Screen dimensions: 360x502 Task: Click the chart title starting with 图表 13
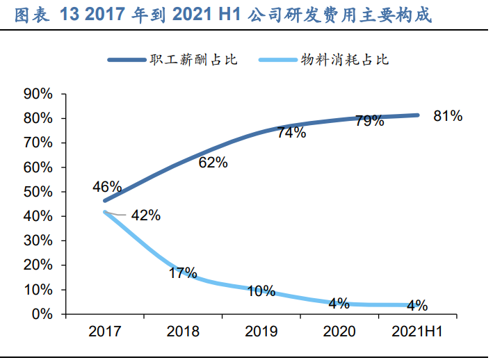[x=222, y=14]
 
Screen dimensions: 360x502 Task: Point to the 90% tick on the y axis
[x=38, y=94]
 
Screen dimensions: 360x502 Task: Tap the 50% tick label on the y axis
[x=38, y=192]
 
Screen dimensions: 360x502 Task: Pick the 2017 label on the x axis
[x=104, y=332]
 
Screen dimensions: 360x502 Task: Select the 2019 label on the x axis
[x=261, y=332]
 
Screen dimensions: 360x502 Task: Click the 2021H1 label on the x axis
[x=418, y=332]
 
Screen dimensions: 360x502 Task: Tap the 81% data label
[x=448, y=116]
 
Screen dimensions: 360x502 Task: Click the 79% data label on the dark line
[x=369, y=121]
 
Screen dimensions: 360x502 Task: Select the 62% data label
[x=213, y=163]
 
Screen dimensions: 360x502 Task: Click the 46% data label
[x=107, y=187]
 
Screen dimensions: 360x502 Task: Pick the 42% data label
[x=145, y=215]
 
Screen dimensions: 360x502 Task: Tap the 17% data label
[x=183, y=272]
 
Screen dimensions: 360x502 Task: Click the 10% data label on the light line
[x=261, y=291]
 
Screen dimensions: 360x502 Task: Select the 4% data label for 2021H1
[x=417, y=305]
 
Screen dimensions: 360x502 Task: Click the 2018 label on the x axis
[x=183, y=332]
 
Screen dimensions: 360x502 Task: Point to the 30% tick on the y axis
[x=38, y=240]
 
